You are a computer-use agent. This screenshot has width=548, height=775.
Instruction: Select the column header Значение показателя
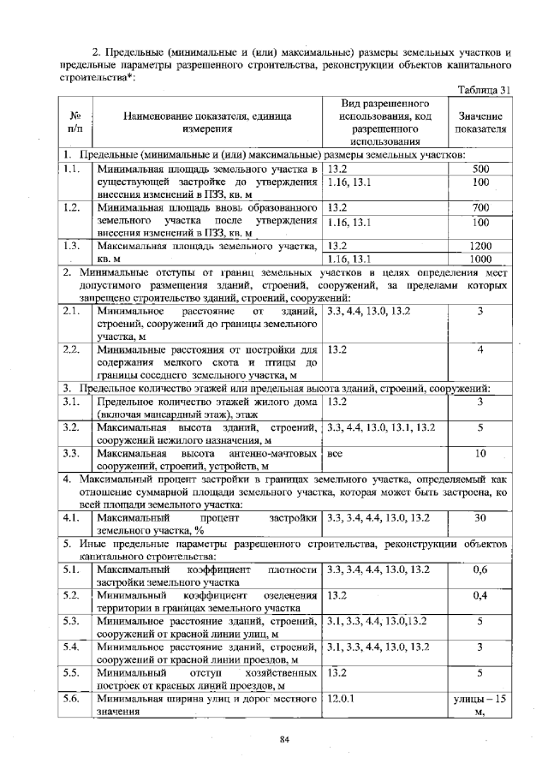(480, 122)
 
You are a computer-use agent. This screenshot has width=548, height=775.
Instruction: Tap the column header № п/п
(74, 122)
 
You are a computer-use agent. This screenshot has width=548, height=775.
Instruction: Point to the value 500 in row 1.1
(480, 170)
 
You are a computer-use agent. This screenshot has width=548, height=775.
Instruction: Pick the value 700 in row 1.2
(480, 208)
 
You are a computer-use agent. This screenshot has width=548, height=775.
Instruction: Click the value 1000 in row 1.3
(480, 259)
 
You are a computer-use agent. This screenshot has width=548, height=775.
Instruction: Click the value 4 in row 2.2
(480, 349)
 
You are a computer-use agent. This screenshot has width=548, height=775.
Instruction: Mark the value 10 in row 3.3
(480, 453)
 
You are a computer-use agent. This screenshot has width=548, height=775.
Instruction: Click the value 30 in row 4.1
(480, 517)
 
